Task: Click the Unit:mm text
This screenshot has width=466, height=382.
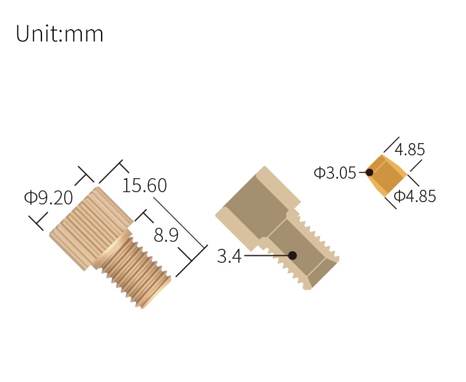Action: pos(60,34)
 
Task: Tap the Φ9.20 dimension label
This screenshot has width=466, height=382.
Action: pos(48,197)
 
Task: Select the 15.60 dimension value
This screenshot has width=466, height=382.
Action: pos(144,186)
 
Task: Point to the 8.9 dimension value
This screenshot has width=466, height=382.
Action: pos(166,235)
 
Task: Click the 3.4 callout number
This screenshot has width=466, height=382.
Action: pos(229,256)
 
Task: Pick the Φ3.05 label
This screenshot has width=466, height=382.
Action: pos(335,173)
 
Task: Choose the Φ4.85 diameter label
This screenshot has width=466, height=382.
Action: pos(415,196)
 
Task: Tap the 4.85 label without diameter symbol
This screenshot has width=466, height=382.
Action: pos(409,149)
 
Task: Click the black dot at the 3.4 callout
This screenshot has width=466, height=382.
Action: pos(293,255)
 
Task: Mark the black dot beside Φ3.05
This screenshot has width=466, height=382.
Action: pos(370,172)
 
